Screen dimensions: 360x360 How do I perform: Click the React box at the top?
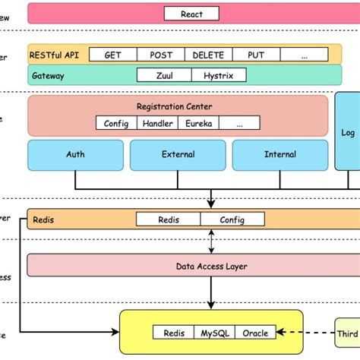[192, 14]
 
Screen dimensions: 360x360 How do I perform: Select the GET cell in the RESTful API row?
[113, 55]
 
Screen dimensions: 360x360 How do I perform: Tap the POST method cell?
[160, 55]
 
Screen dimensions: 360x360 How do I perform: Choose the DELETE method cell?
[207, 55]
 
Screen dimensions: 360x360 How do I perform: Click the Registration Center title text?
[174, 107]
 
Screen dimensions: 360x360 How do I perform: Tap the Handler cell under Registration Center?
[158, 123]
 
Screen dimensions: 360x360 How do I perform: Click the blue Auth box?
[76, 154]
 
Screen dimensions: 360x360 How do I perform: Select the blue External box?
[178, 154]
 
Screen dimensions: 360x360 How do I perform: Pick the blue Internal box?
[279, 154]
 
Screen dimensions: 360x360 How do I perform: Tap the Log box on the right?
[348, 132]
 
